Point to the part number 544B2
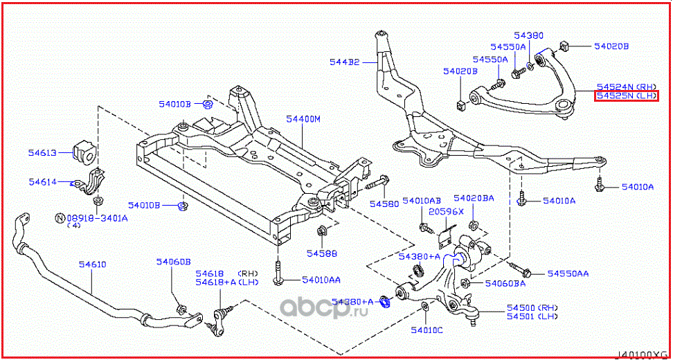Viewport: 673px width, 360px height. (x=344, y=62)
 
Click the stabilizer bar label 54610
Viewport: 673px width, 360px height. (x=92, y=264)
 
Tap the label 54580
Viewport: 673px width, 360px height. (x=384, y=204)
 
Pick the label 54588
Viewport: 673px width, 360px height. (x=322, y=253)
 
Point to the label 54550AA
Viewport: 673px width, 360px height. (x=568, y=274)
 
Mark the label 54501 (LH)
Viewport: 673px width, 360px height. (x=532, y=316)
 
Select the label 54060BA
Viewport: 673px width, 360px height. (x=505, y=283)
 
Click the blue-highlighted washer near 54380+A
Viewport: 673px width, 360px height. (x=387, y=301)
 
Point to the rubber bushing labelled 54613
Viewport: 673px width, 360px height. (x=84, y=152)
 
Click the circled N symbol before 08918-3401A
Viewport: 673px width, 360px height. (x=60, y=218)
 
